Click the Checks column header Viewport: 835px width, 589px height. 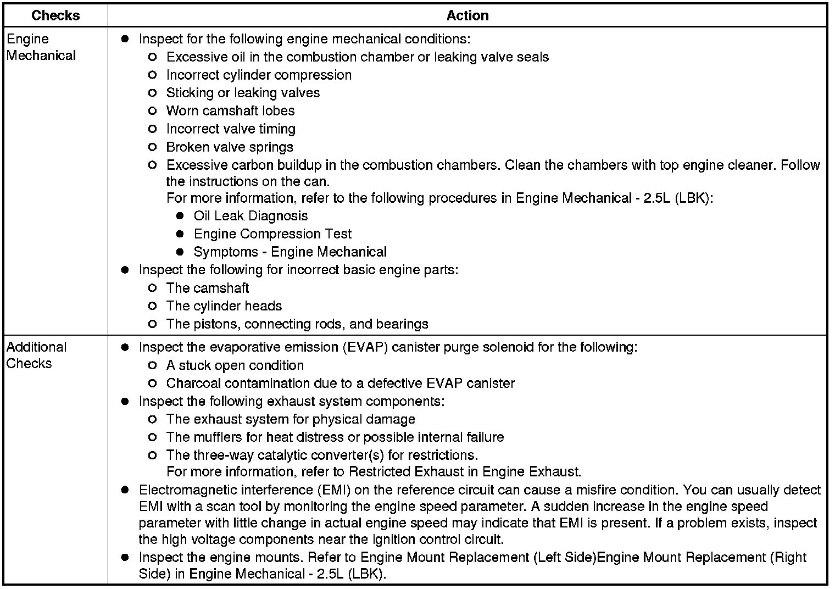coord(55,15)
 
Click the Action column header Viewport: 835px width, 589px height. coord(467,15)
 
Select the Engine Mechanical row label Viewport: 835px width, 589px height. coord(41,47)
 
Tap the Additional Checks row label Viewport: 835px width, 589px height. coord(36,355)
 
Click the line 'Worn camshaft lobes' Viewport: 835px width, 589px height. coord(230,111)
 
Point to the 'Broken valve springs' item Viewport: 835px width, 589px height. coord(230,147)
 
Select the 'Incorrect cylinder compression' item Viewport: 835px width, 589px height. coord(259,75)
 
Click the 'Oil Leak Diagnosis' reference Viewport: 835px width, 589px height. coord(250,216)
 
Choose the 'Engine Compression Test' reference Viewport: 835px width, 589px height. coord(272,234)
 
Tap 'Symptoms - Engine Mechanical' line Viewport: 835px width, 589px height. coord(290,252)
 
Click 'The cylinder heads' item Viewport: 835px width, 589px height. coord(224,306)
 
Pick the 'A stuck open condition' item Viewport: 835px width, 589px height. coord(235,365)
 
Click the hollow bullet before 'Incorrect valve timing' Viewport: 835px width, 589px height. coord(153,129)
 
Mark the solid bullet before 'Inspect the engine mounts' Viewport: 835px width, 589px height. coord(125,558)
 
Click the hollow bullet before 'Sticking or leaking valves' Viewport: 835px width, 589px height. coord(153,93)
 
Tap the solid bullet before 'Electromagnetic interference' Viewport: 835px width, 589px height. coord(125,490)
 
